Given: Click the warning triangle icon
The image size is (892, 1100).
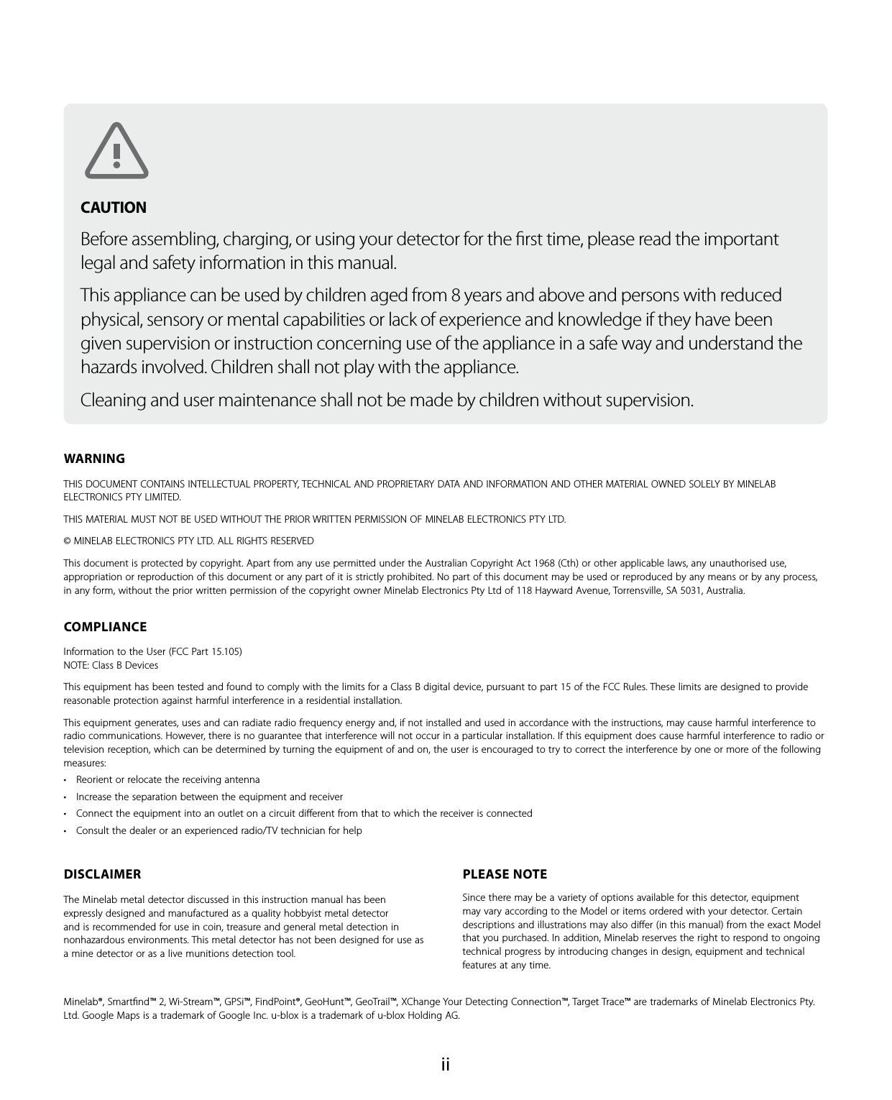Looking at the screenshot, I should (116, 151).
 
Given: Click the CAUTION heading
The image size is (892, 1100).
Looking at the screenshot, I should (113, 208).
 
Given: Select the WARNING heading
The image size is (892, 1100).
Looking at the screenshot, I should (94, 459).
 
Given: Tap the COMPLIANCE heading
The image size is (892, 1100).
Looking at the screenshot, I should (105, 627).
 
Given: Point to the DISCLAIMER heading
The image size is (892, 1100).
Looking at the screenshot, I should (102, 874).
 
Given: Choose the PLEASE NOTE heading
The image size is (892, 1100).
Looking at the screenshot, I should (505, 874).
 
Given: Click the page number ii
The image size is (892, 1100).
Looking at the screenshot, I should (446, 1064).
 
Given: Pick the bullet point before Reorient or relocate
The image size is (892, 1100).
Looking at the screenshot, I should (66, 780).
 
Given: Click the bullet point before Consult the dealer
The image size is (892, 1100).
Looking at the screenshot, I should (66, 831).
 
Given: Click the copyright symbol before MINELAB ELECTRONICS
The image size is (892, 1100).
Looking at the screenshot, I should (68, 541).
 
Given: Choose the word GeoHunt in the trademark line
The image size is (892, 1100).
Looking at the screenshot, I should (326, 1002).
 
